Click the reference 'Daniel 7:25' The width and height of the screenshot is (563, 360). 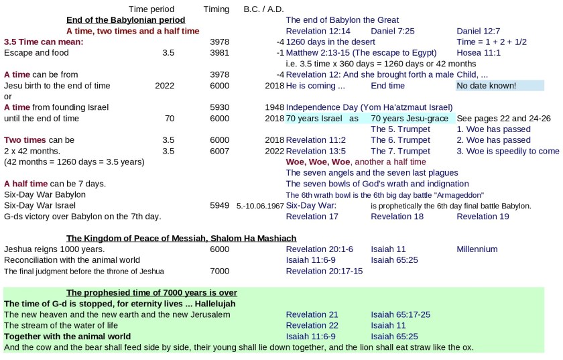click(395, 31)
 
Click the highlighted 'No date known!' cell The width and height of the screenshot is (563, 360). click(487, 85)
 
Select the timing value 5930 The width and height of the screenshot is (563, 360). click(219, 107)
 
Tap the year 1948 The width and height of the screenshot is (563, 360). click(274, 107)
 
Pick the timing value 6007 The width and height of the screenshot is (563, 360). click(219, 151)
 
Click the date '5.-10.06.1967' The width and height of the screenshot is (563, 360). click(260, 206)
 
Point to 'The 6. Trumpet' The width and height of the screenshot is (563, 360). click(400, 140)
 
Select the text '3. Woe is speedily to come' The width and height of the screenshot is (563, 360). click(507, 151)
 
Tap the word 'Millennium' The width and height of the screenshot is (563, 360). click(477, 249)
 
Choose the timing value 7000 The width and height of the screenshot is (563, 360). click(219, 271)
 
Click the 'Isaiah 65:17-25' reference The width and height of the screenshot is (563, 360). click(400, 314)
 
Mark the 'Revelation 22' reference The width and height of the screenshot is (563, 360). click(312, 325)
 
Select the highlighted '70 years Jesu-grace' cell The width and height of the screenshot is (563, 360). click(409, 118)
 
